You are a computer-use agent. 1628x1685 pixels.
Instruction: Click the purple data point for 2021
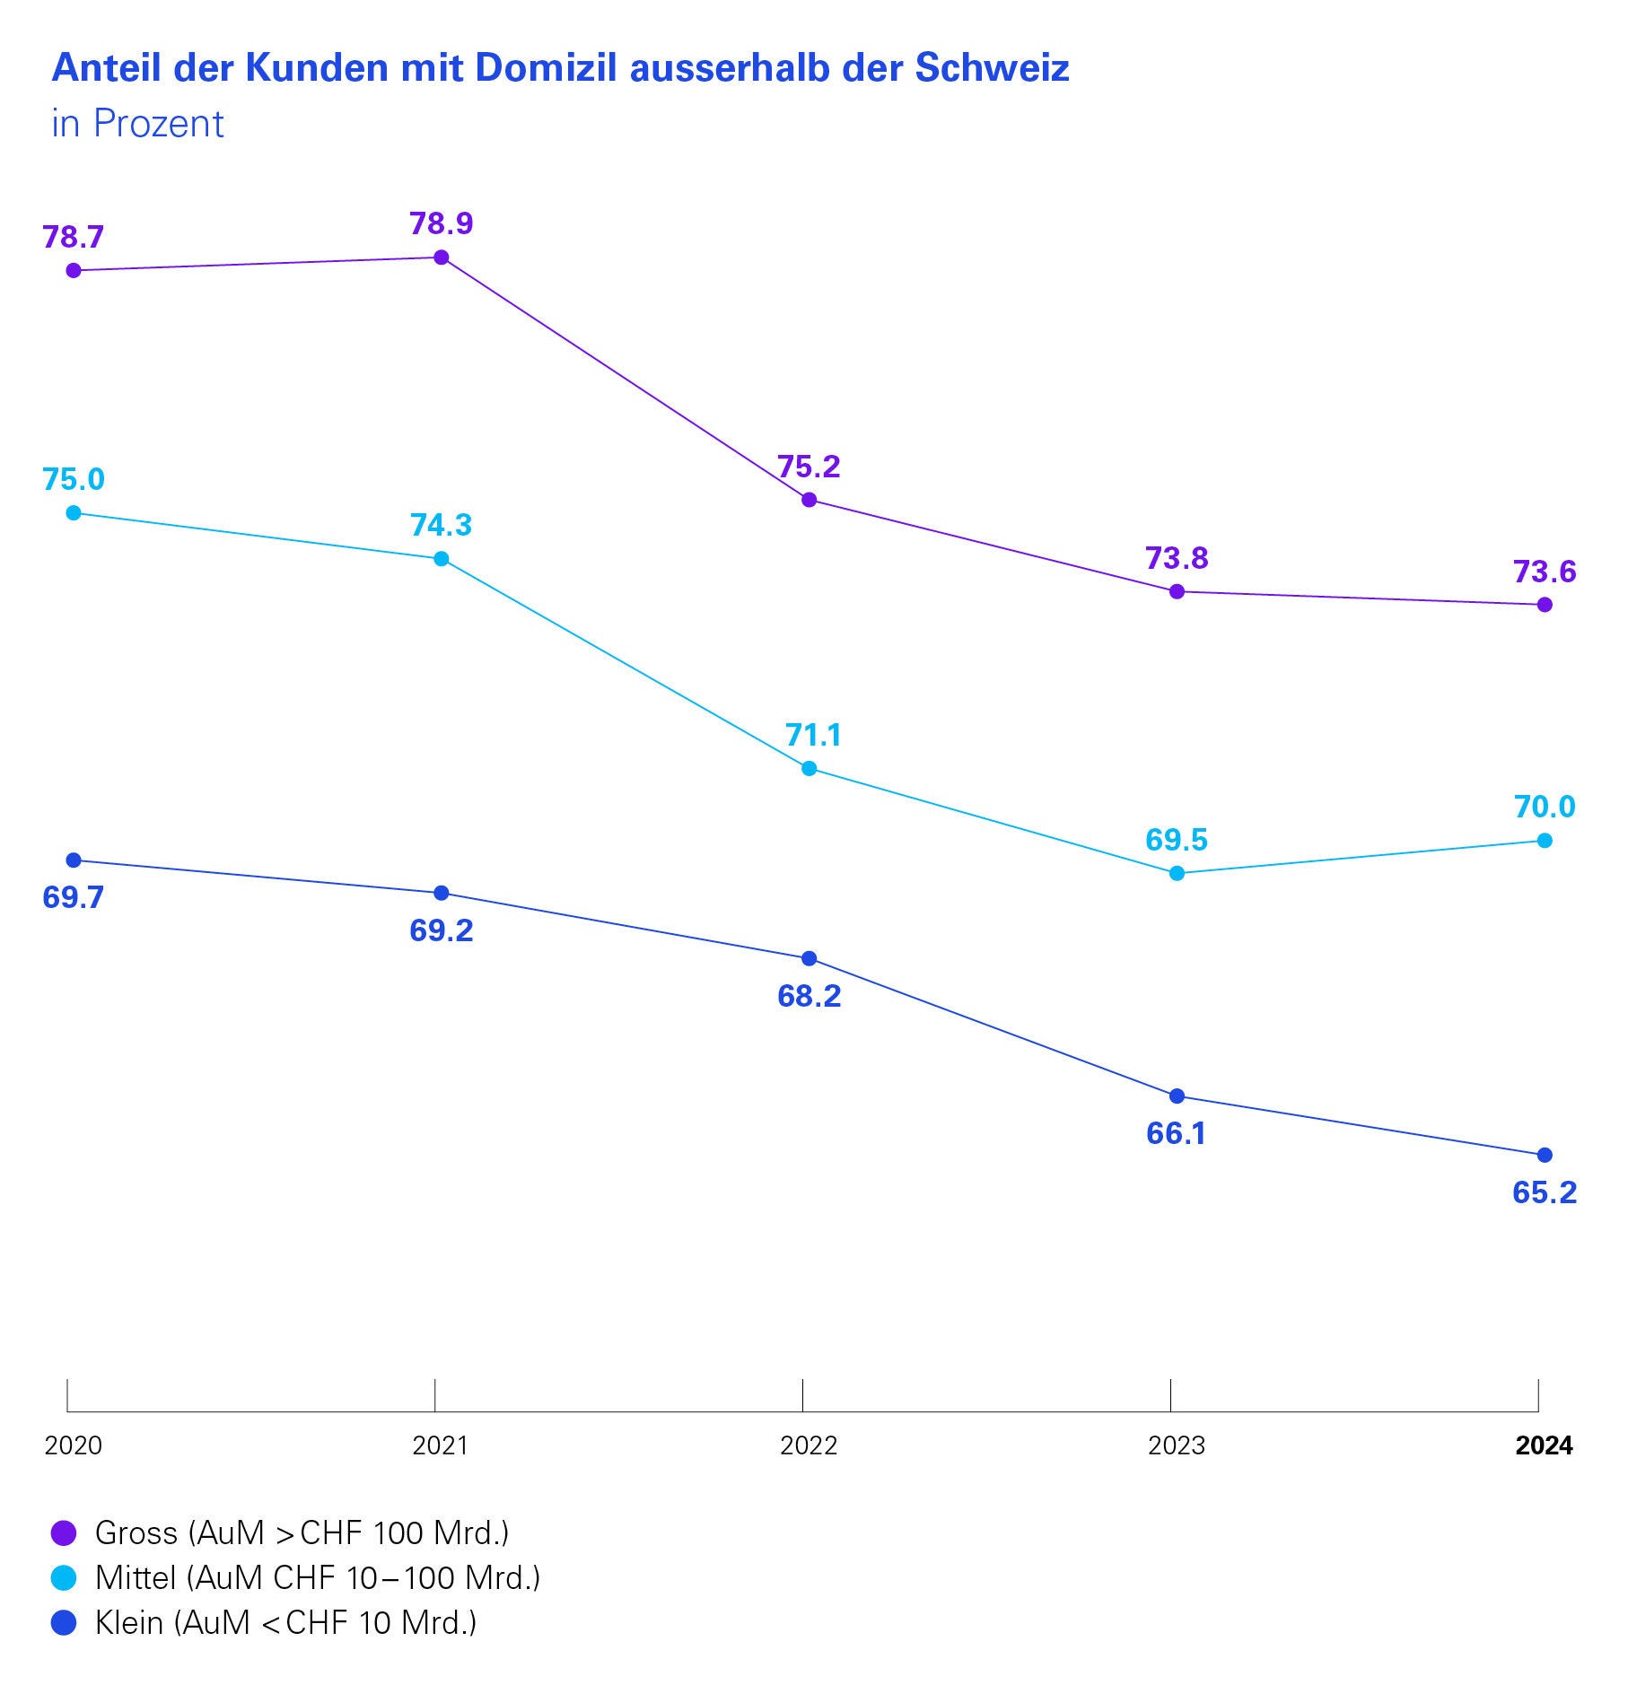tap(442, 258)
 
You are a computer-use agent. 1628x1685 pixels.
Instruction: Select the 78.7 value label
tap(74, 237)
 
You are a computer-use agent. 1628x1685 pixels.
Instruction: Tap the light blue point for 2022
tap(809, 768)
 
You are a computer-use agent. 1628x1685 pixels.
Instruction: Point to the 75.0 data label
tap(74, 479)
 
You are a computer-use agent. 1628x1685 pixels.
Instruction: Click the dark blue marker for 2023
tap(1177, 1096)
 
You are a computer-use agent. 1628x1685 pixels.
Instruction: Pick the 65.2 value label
tap(1545, 1192)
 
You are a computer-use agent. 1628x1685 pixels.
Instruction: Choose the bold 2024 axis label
tap(1545, 1445)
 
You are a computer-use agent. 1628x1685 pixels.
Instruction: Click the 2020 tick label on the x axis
tap(74, 1445)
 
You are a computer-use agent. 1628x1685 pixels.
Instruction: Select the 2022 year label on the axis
tap(809, 1445)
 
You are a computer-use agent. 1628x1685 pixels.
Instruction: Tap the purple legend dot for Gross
tap(64, 1532)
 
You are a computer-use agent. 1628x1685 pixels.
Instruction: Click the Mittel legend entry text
tap(318, 1577)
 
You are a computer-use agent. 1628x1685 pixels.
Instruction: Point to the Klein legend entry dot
tap(64, 1622)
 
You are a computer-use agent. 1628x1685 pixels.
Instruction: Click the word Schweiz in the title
tap(992, 68)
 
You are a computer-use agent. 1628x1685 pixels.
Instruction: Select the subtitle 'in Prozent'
tap(137, 124)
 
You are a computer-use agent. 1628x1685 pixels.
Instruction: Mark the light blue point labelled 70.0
tap(1545, 841)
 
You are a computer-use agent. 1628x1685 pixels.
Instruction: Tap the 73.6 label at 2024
tap(1545, 572)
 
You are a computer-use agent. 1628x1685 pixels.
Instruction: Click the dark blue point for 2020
tap(74, 860)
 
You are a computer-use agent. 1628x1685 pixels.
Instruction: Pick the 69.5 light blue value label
tap(1177, 840)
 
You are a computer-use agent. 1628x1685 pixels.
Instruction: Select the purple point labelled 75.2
tap(809, 500)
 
